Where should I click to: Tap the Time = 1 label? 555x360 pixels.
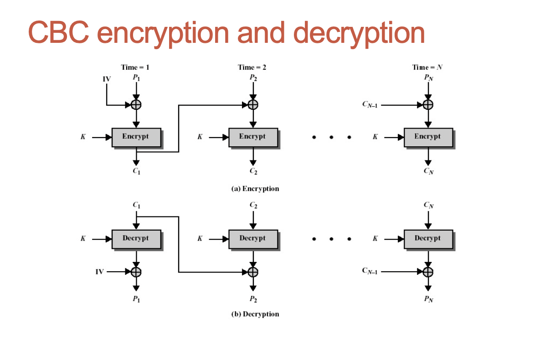[x=135, y=67]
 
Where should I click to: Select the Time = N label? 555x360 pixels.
[x=427, y=67]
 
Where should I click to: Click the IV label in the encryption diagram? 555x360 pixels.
[x=107, y=79]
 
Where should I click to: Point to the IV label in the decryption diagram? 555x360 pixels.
[x=99, y=272]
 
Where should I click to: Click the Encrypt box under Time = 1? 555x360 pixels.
[x=136, y=137]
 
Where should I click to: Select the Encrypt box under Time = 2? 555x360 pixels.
[x=252, y=137]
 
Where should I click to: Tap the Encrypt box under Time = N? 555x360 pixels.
[x=428, y=137]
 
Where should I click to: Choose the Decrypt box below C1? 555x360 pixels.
[x=136, y=238]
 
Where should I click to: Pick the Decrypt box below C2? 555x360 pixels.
[x=252, y=238]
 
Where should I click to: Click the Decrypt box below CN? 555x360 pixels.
[x=428, y=238]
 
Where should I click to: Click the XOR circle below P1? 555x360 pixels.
[x=136, y=105]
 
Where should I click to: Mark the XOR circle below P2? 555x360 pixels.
[x=253, y=105]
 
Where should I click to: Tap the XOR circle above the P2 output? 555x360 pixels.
[x=253, y=272]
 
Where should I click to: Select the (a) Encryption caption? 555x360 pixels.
[x=255, y=189]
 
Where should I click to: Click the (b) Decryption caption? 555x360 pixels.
[x=255, y=314]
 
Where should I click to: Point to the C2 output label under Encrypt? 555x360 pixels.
[x=253, y=171]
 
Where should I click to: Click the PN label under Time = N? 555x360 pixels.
[x=428, y=78]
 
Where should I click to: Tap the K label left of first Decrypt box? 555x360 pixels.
[x=83, y=238]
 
